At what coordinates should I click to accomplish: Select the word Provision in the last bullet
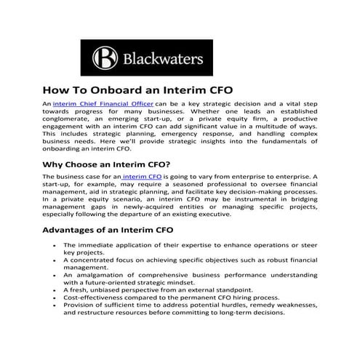click(x=79, y=306)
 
